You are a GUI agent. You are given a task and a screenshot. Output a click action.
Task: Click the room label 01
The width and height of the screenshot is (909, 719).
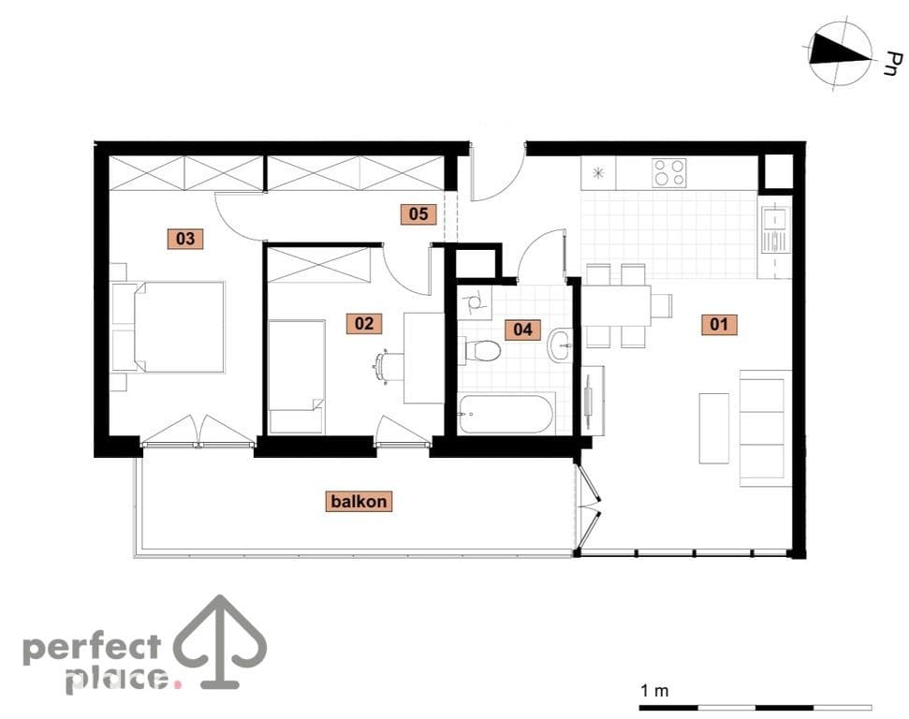pos(719,324)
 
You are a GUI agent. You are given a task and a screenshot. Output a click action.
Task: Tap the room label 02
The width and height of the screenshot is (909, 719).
pos(364,323)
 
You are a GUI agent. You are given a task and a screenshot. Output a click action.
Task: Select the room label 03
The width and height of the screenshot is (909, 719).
pos(185,239)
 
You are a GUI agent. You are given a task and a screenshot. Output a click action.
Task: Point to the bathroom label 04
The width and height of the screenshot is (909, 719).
pos(522,330)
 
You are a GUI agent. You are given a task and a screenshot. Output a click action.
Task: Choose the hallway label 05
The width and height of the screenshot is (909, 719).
pos(418,214)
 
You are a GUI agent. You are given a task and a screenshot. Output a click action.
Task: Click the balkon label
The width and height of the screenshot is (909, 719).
pos(359,501)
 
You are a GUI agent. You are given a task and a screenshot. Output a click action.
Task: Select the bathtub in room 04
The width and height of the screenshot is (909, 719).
pos(506,414)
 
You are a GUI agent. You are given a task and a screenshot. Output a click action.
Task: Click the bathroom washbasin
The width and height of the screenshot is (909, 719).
pos(561,345)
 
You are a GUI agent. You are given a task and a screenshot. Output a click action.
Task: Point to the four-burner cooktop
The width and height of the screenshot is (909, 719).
pos(669,173)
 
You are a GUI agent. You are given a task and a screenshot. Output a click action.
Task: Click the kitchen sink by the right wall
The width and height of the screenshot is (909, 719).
pos(775,229)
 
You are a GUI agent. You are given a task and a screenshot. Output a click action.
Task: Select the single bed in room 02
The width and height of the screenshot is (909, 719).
pos(296,376)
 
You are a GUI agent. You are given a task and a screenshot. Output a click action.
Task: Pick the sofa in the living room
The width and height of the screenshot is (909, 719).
pos(765,428)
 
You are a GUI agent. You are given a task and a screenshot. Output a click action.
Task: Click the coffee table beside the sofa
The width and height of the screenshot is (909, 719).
pos(713,429)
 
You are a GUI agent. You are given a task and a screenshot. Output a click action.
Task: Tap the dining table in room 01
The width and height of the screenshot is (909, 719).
pos(617,306)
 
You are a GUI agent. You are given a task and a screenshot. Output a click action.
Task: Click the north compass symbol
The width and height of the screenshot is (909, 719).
pos(841,55)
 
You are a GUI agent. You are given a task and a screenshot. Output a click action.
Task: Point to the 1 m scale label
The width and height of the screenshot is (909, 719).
pos(654,691)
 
